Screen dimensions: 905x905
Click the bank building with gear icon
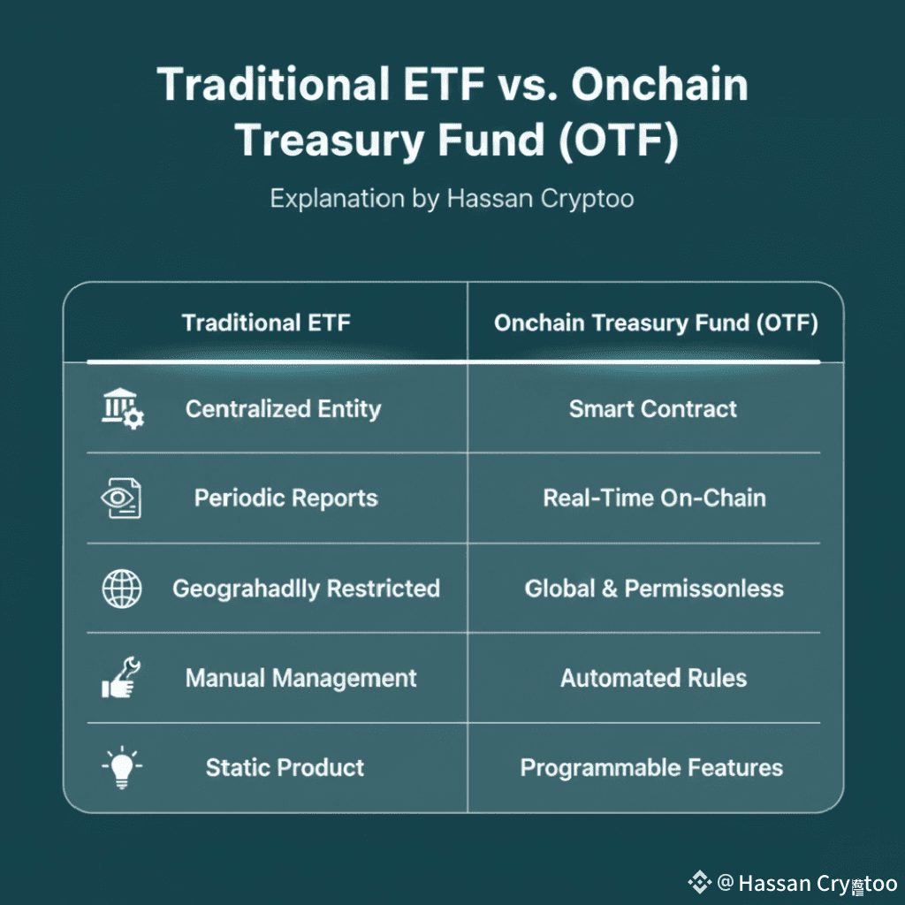[x=123, y=408]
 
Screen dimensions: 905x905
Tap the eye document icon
[x=121, y=498]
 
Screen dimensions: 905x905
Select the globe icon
[x=122, y=589]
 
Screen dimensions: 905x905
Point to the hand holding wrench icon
[x=121, y=678]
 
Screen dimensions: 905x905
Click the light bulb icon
[x=122, y=768]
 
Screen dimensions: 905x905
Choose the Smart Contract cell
[x=653, y=408]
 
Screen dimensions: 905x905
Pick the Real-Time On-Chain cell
[x=655, y=498]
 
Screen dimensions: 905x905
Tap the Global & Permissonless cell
[x=654, y=589]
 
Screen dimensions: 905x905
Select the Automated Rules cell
[x=653, y=678]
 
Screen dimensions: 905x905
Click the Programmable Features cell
[x=651, y=768]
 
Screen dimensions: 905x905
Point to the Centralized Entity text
[x=284, y=409]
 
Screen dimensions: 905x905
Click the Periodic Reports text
[x=286, y=498]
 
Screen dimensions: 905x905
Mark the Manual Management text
[x=300, y=678]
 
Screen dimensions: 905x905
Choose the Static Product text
[x=285, y=768]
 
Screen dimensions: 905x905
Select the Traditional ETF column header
[x=266, y=323]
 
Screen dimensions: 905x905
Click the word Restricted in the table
[x=384, y=589]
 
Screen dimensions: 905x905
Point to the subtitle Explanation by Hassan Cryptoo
[x=452, y=199]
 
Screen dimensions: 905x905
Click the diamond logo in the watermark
[x=700, y=882]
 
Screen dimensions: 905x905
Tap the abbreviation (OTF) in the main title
[x=618, y=141]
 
